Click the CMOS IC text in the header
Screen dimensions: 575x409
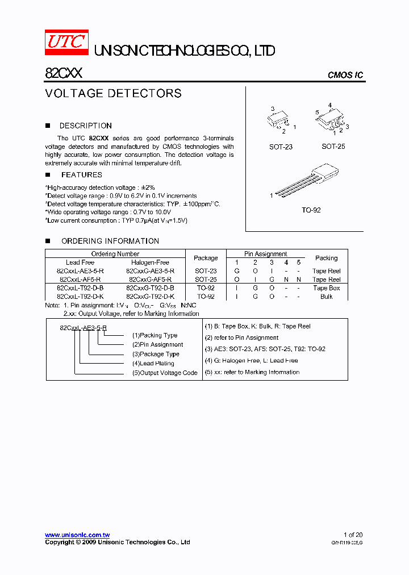pos(345,75)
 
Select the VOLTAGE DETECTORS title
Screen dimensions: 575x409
pos(114,93)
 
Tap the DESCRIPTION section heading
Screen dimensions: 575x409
pos(85,126)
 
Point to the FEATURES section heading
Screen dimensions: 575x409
pos(82,174)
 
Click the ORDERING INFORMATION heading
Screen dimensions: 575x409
pos(110,241)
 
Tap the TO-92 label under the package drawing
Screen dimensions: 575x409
pos(311,210)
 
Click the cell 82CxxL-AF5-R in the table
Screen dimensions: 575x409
pos(80,280)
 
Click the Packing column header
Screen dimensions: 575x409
pos(326,258)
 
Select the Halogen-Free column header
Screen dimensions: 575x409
pos(150,262)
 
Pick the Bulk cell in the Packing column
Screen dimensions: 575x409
pos(326,297)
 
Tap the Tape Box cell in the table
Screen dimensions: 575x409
pos(326,288)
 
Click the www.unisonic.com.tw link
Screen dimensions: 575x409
pos(77,535)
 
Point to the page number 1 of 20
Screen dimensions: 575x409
pos(353,535)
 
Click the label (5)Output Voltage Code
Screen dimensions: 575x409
pos(165,373)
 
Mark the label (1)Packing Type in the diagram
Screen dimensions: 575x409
pos(155,335)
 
